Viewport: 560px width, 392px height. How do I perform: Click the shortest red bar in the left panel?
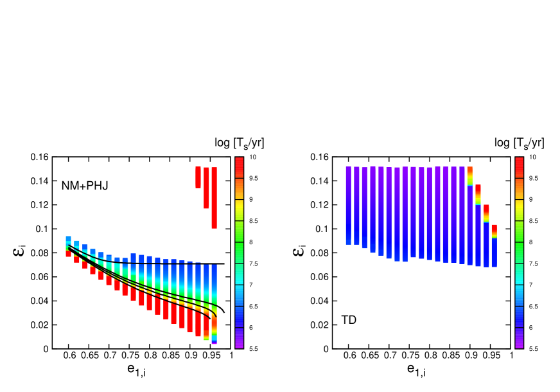(198, 177)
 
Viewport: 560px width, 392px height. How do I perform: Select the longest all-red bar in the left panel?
(214, 198)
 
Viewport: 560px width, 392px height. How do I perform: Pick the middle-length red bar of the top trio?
(206, 188)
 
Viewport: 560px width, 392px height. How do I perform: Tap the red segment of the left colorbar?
(239, 168)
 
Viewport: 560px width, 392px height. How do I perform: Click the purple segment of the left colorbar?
(239, 338)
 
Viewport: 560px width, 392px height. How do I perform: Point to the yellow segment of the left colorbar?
(239, 210)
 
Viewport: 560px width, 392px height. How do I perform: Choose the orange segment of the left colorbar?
(239, 189)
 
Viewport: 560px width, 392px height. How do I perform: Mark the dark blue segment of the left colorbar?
(239, 317)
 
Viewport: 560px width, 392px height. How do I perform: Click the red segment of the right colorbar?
(519, 168)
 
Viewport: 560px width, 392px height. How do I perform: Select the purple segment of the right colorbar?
(519, 338)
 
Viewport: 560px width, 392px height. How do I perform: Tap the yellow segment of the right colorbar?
(519, 210)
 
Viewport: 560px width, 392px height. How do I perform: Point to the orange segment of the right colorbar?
(519, 189)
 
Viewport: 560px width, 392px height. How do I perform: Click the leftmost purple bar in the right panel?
(349, 206)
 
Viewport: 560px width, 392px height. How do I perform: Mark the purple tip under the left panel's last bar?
(214, 343)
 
